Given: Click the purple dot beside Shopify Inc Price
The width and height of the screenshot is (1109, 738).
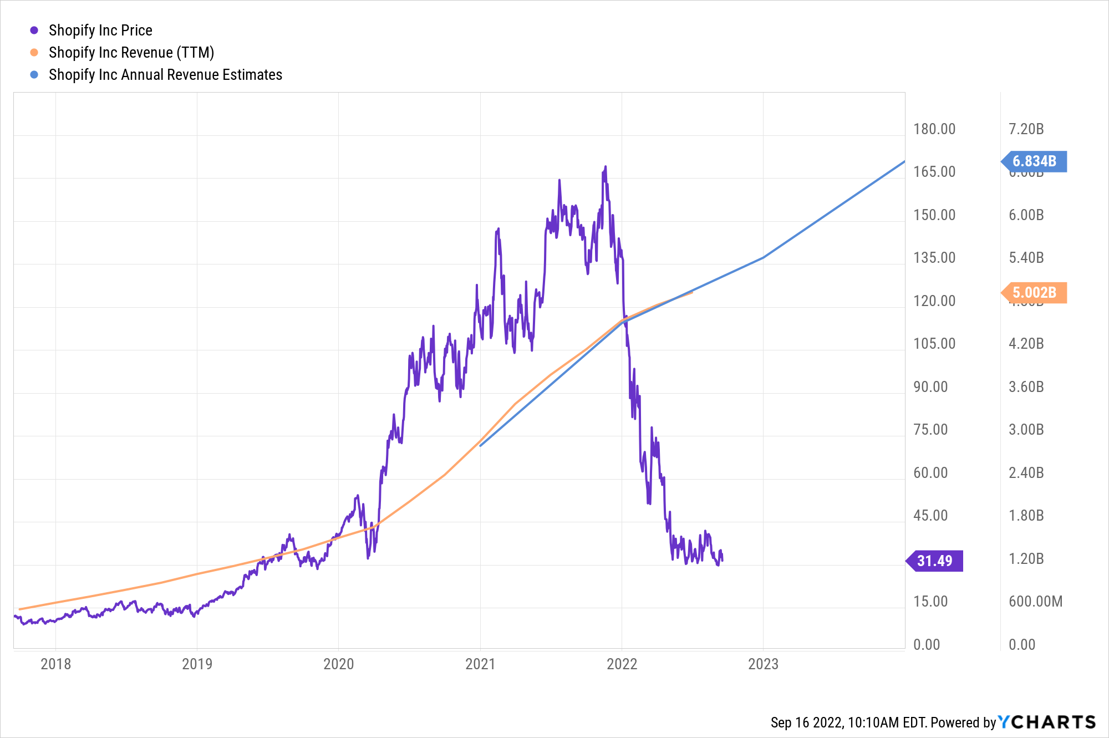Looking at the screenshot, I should [x=34, y=30].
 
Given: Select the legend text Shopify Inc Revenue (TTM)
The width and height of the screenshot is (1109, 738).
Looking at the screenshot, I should [x=131, y=53].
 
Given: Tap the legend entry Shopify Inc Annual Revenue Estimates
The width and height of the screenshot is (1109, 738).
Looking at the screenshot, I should [x=165, y=75].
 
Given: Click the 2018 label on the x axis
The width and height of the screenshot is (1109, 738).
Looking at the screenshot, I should [x=55, y=664].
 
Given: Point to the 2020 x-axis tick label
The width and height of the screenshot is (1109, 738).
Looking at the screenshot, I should [x=338, y=664].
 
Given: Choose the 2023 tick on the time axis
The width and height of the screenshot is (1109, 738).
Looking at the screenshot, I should [x=763, y=664].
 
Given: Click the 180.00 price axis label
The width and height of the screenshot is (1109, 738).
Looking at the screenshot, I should [x=934, y=129].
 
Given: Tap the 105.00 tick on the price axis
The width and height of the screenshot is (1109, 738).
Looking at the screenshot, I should [x=934, y=344].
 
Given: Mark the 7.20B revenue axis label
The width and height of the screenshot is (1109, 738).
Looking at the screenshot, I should [x=1026, y=129].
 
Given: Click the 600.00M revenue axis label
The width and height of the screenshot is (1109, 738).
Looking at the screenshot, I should [x=1035, y=602].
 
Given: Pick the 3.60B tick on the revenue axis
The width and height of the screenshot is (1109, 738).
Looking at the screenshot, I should [x=1026, y=387].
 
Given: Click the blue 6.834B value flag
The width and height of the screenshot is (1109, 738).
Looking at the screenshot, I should [x=1034, y=161].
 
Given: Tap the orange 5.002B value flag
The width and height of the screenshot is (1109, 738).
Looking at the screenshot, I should [x=1034, y=293].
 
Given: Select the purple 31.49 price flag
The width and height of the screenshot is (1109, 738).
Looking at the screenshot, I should [x=935, y=561].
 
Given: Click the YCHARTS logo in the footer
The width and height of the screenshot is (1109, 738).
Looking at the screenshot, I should [x=1047, y=722].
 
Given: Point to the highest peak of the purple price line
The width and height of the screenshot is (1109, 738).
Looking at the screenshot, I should [x=605, y=166].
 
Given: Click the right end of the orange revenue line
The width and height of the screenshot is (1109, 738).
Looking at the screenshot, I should [x=692, y=292].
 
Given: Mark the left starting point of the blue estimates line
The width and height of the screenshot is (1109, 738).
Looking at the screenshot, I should [x=480, y=445].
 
